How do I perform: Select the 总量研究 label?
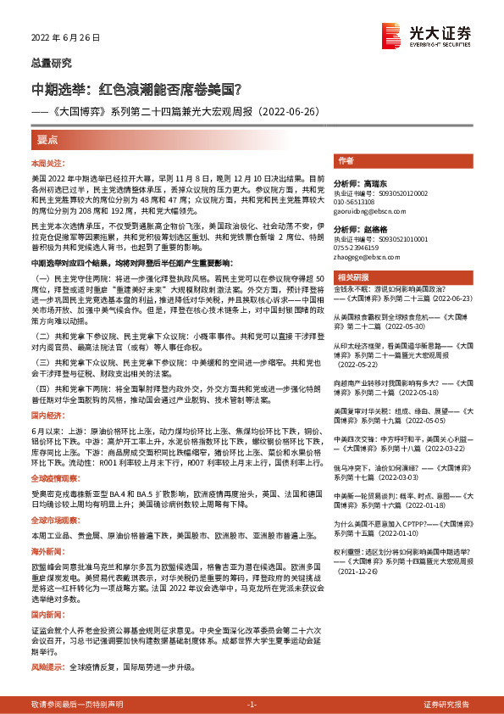(52, 64)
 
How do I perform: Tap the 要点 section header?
(48, 138)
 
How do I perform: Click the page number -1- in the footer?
(252, 705)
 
